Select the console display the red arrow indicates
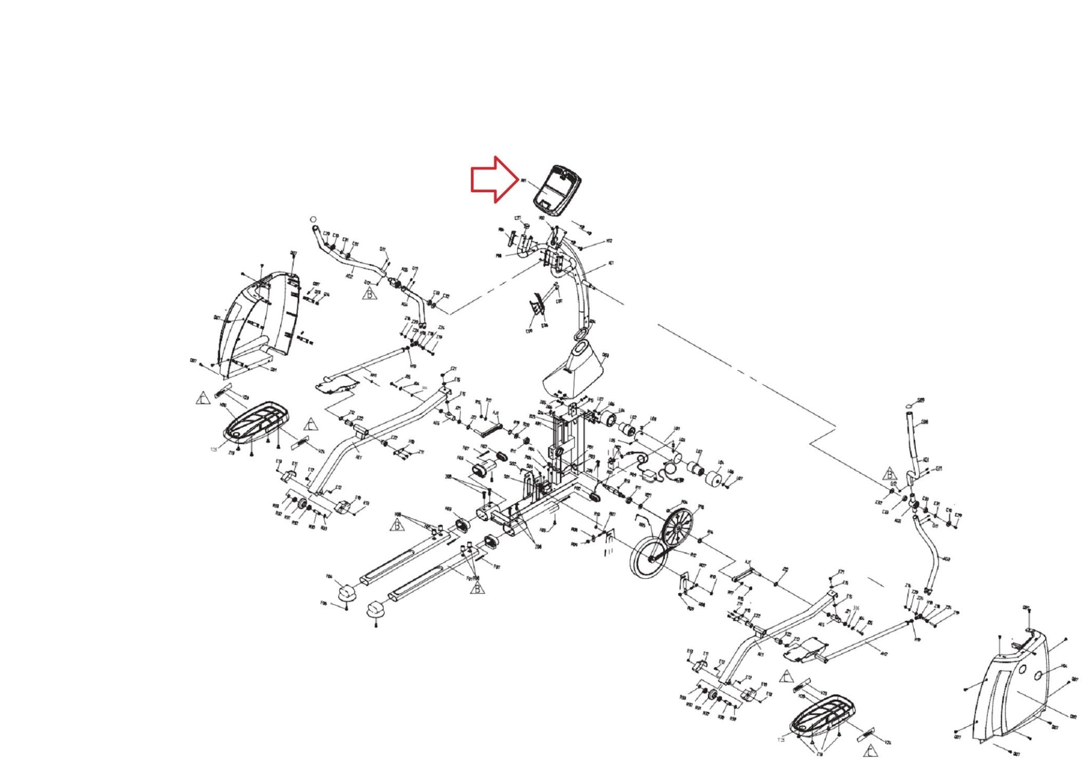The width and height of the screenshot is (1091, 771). pos(557,190)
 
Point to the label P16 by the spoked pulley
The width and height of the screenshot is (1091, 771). pos(701,507)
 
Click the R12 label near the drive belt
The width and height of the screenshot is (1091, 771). pos(693,555)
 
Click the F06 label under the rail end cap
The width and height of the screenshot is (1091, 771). pos(323,603)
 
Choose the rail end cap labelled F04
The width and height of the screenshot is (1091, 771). pos(347,590)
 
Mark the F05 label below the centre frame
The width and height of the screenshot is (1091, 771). pos(543,530)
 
